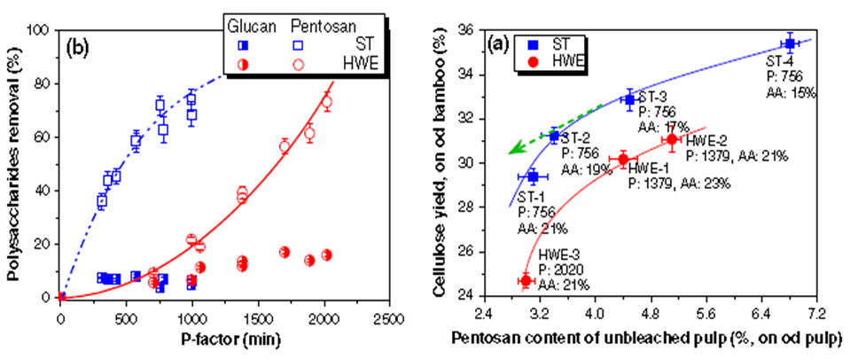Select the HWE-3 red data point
(x=526, y=280)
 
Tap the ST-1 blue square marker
(x=533, y=176)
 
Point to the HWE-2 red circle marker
(x=672, y=139)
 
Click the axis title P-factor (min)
(x=226, y=340)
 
